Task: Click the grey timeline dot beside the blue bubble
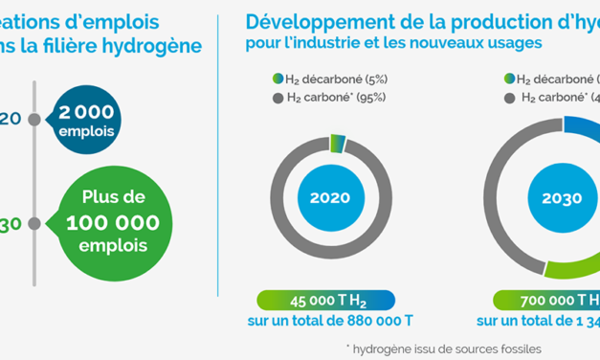tap(34, 120)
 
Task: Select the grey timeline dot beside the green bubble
tap(34, 223)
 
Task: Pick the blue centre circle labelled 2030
tap(555, 199)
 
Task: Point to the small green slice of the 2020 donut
tap(337, 143)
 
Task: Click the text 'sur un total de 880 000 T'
tap(330, 320)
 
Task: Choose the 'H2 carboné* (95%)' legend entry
tap(336, 98)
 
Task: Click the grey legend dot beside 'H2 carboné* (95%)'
tap(278, 98)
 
